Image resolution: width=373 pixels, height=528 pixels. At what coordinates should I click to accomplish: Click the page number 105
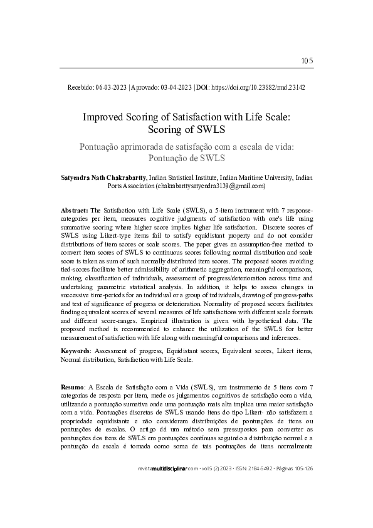(307, 61)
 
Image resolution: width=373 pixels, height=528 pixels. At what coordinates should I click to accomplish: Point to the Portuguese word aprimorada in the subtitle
(144, 146)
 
